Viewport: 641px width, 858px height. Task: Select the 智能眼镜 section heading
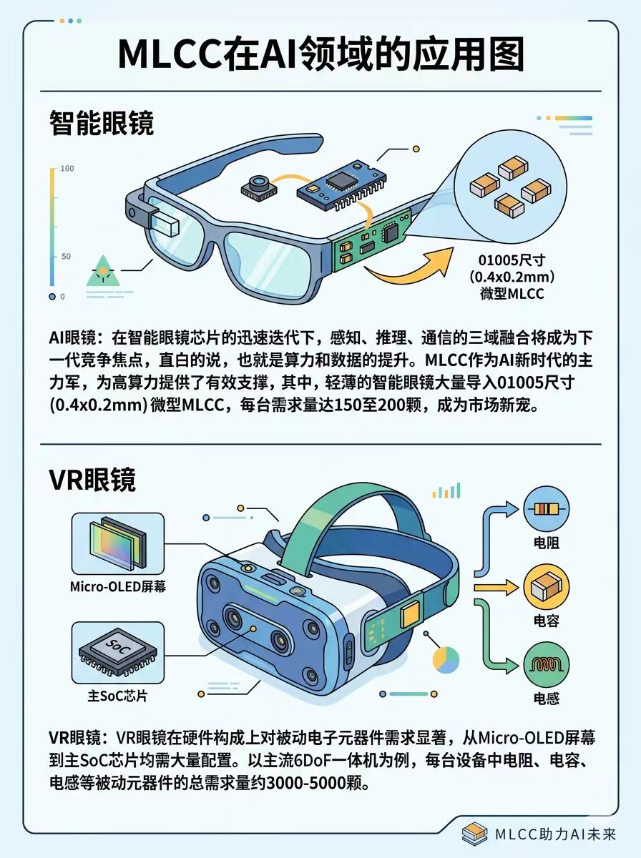102,122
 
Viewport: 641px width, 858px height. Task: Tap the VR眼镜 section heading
93,479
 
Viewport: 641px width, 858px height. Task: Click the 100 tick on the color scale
67,169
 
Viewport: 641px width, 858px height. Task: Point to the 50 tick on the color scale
66,257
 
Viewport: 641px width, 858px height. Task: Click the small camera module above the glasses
259,188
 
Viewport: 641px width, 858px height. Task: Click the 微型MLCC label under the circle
512,294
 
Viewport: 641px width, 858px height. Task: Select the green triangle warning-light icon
103,270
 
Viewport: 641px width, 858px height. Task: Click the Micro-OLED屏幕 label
118,586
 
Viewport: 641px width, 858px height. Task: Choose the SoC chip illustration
118,651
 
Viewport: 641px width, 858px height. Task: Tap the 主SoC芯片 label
117,696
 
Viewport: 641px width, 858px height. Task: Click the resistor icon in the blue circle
547,509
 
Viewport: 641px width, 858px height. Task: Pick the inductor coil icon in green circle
547,664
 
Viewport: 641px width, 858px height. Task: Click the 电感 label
547,699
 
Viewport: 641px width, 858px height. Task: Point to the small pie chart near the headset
446,660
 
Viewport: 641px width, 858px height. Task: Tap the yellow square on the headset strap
411,613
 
